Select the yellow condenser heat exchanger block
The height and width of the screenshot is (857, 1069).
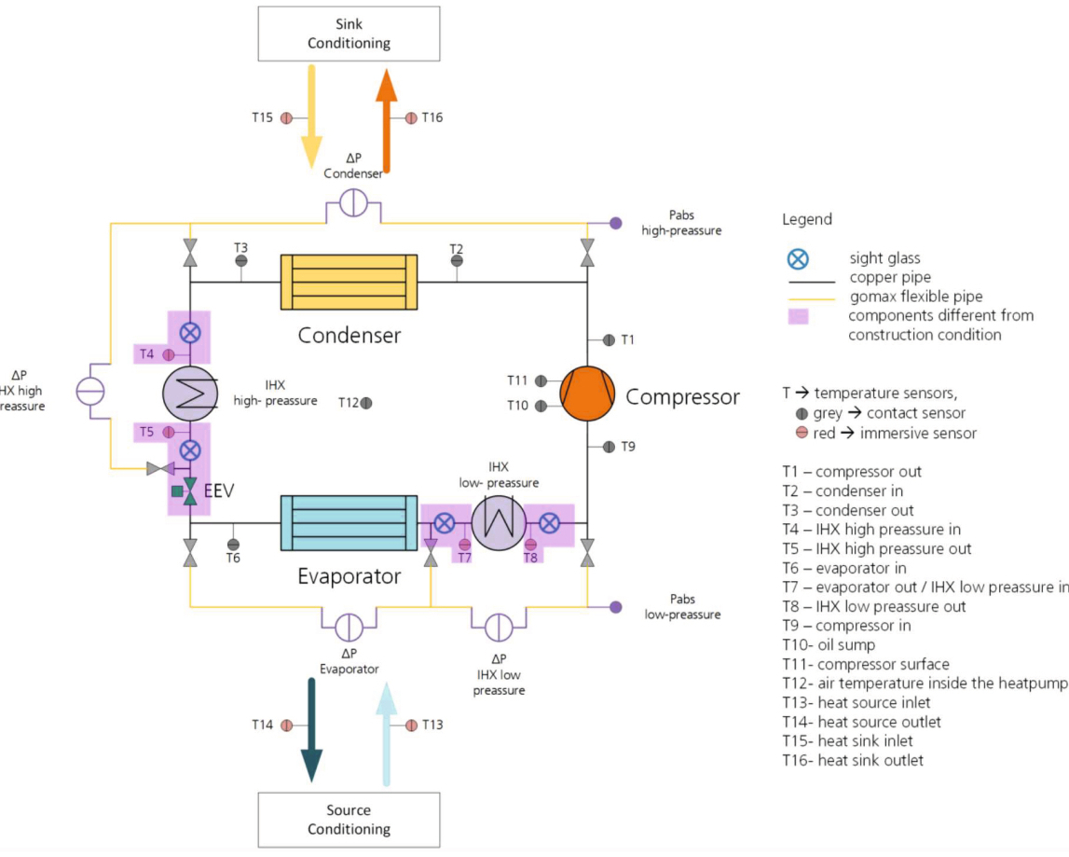click(x=349, y=282)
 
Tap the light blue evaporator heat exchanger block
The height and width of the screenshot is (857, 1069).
click(x=349, y=523)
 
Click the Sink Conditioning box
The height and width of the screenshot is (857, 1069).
click(x=349, y=34)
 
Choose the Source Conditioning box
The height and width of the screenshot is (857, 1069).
click(x=349, y=820)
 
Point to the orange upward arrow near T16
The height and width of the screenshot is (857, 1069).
click(x=387, y=121)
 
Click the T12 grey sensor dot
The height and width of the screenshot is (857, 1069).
click(x=366, y=403)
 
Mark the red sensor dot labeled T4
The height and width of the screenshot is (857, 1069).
click(x=169, y=355)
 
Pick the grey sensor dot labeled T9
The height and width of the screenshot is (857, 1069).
click(x=609, y=447)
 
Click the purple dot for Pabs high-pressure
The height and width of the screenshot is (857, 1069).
click(x=616, y=223)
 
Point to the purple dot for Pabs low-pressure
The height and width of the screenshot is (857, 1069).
click(x=616, y=607)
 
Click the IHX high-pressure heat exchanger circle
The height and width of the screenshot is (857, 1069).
click(x=190, y=394)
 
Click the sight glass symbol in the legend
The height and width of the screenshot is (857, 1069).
click(x=799, y=259)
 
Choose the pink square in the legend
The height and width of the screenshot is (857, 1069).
click(x=799, y=317)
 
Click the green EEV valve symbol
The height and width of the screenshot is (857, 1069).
click(x=190, y=491)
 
